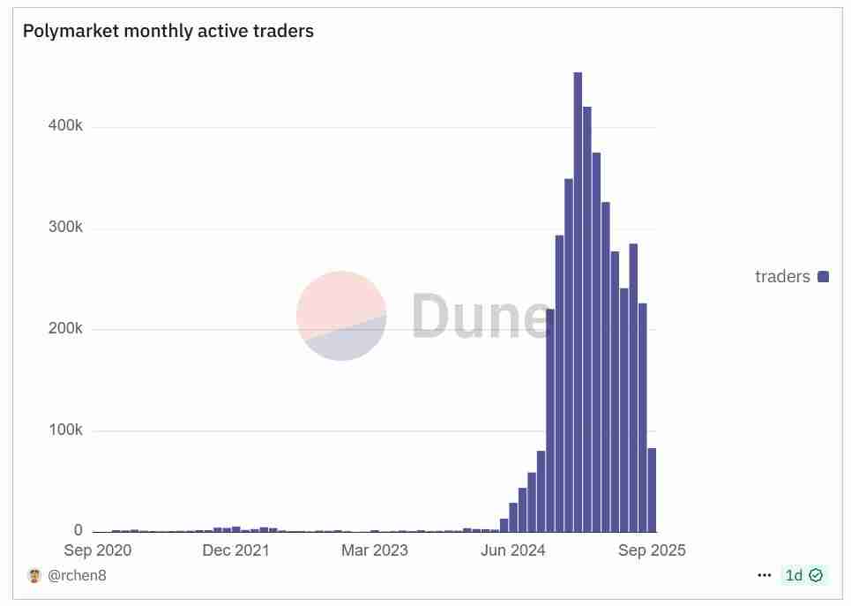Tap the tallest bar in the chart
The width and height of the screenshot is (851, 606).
pyautogui.click(x=578, y=300)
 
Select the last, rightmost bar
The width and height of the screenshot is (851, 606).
pyautogui.click(x=652, y=490)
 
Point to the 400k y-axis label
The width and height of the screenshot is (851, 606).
pyautogui.click(x=65, y=126)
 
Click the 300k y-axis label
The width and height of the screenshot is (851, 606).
pyautogui.click(x=65, y=228)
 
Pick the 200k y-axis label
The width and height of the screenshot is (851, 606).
pyautogui.click(x=65, y=329)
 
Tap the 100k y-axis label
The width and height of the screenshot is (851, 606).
pyautogui.click(x=65, y=430)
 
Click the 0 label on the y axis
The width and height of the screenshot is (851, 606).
pyautogui.click(x=78, y=530)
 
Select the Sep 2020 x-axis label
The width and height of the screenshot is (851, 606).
pyautogui.click(x=98, y=550)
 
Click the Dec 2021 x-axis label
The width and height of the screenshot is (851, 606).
pyautogui.click(x=235, y=550)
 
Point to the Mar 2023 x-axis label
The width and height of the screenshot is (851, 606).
pyautogui.click(x=375, y=550)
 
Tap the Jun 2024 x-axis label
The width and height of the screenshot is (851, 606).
pyautogui.click(x=513, y=550)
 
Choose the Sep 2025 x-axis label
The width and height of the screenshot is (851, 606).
pyautogui.click(x=652, y=550)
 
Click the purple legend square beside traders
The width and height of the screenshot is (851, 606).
pyautogui.click(x=824, y=277)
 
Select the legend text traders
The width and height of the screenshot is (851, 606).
pyautogui.click(x=782, y=277)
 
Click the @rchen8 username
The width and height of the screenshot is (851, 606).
pyautogui.click(x=77, y=576)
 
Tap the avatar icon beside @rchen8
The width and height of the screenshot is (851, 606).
pyautogui.click(x=35, y=576)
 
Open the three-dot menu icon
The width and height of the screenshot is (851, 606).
pyautogui.click(x=765, y=575)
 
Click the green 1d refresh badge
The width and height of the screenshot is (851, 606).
pyautogui.click(x=803, y=575)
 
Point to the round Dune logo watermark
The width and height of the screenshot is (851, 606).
pyautogui.click(x=341, y=316)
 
